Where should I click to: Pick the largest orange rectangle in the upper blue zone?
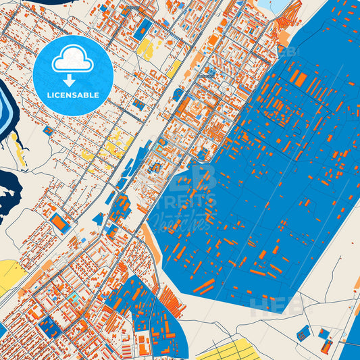[x=297, y=80]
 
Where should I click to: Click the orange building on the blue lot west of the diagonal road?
[x=59, y=222]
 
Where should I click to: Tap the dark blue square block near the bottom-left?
[x=47, y=328]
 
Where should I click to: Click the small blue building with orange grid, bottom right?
[x=303, y=332]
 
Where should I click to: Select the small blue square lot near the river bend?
[x=48, y=130]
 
